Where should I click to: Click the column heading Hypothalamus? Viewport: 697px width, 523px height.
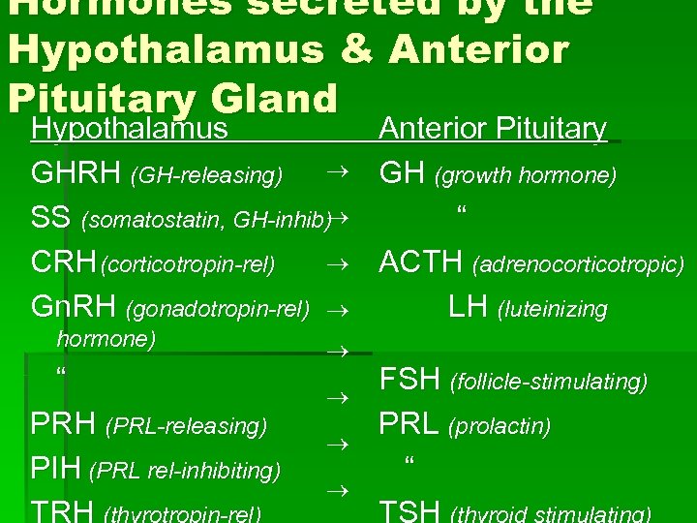[130, 129]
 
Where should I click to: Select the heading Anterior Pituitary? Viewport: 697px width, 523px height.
[493, 129]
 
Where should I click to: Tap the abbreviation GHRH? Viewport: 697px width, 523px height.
[76, 174]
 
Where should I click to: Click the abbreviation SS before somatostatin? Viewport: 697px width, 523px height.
[50, 218]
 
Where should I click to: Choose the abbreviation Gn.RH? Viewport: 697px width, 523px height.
[75, 308]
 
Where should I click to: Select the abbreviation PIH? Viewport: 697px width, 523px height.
[56, 470]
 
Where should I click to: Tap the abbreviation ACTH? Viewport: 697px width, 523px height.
[422, 262]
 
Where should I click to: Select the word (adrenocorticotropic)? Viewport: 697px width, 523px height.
[578, 264]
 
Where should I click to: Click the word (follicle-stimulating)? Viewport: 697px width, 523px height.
[550, 384]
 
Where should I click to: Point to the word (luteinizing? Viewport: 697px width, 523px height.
[553, 310]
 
